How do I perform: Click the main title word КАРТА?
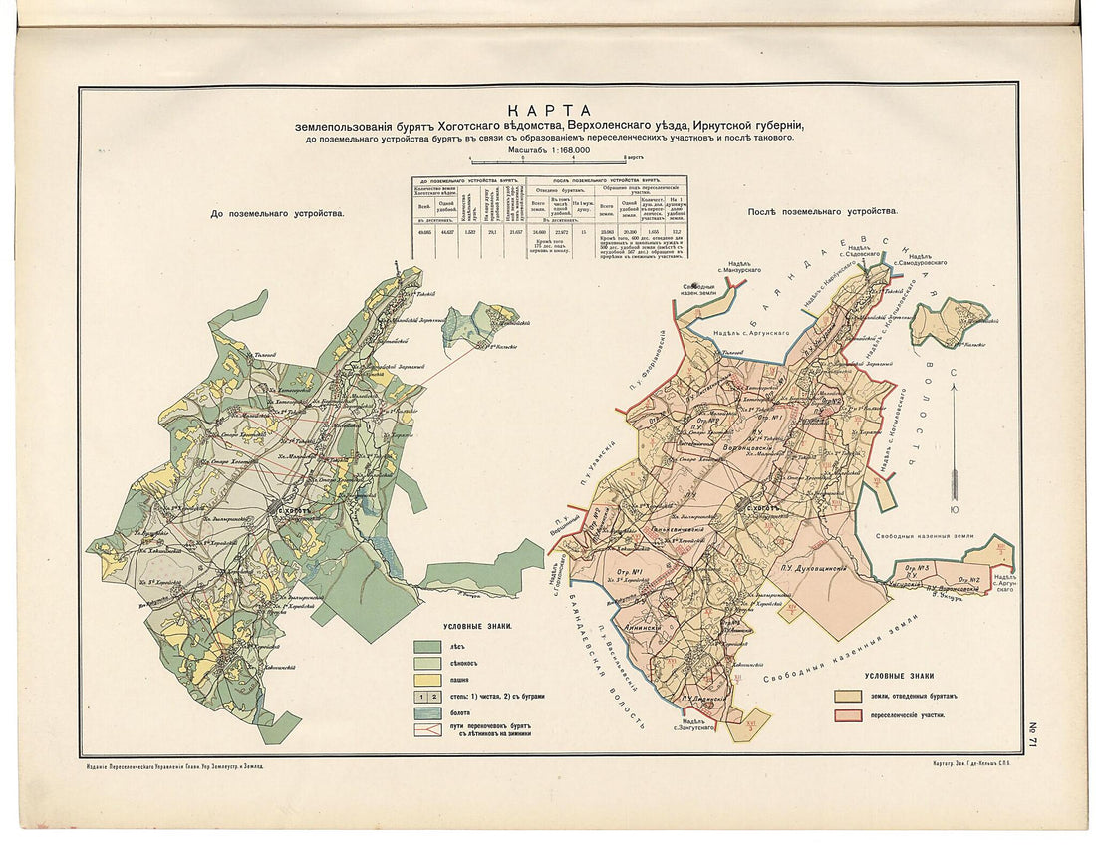[549, 110]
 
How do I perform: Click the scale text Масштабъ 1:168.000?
[549, 149]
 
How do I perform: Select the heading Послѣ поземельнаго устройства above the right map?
[821, 211]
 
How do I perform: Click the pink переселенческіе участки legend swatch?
[848, 715]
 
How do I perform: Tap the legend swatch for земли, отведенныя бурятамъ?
[848, 696]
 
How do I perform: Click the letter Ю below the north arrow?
[954, 509]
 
